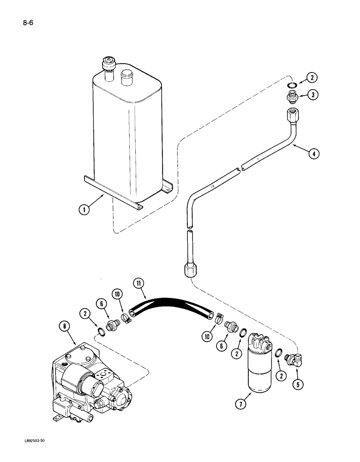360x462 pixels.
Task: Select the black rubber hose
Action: click(175, 310)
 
